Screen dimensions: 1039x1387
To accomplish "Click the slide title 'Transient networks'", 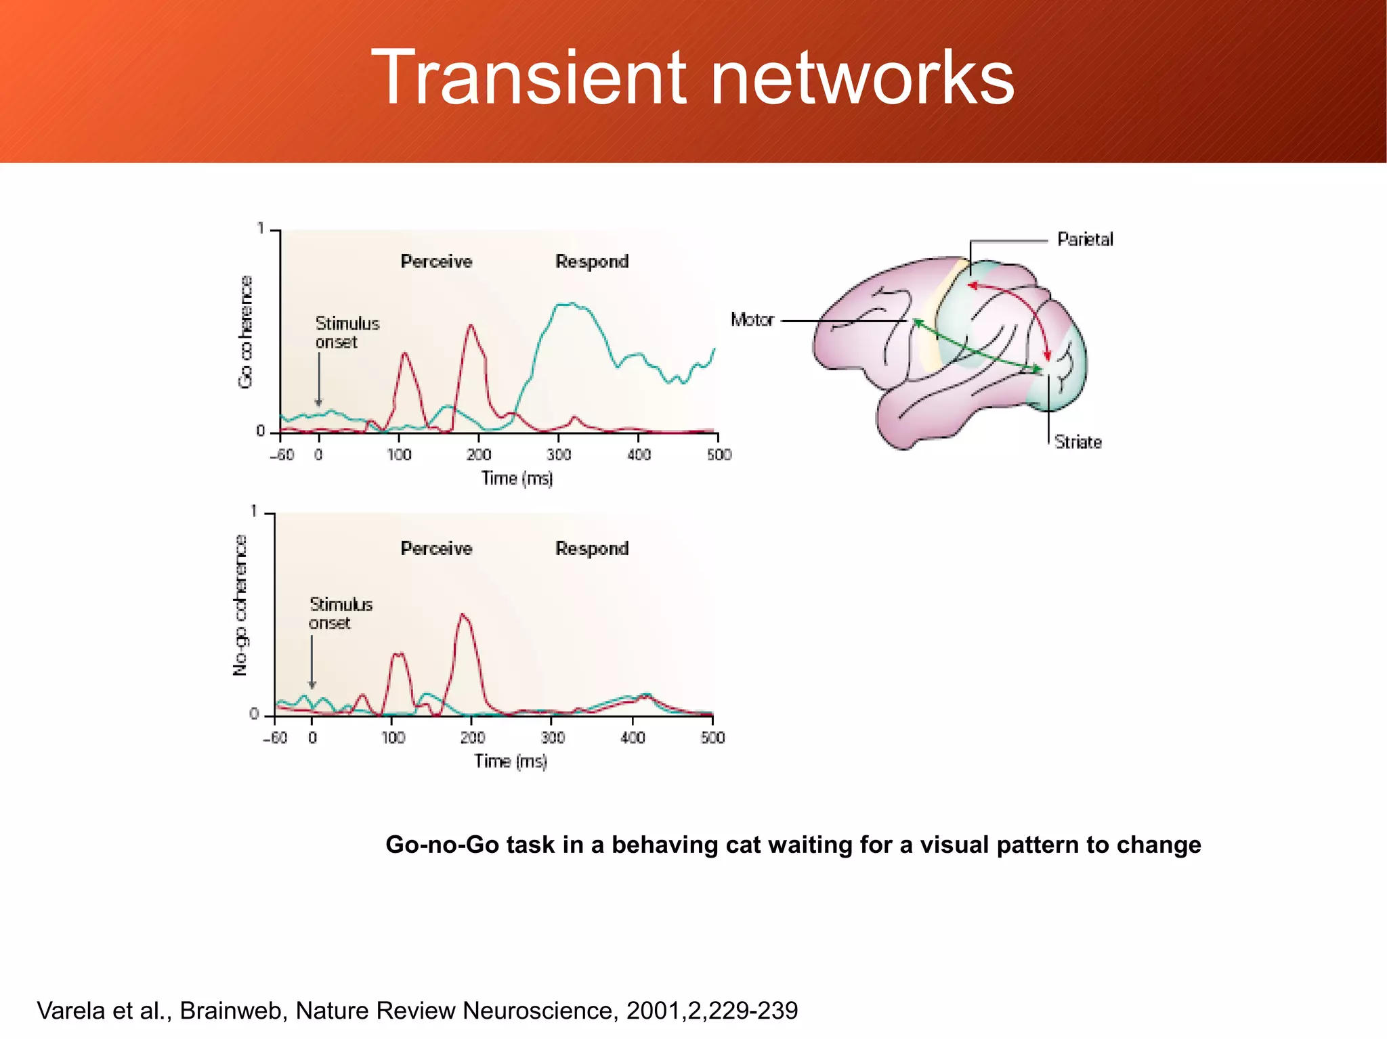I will (692, 78).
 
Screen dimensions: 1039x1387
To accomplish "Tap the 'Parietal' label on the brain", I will (1085, 239).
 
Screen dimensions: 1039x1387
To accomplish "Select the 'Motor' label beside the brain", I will (752, 319).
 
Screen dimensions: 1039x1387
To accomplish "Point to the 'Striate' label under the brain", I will (1077, 442).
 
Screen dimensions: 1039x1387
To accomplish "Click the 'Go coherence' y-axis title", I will (245, 332).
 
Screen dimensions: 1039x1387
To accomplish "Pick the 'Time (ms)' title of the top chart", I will (517, 479).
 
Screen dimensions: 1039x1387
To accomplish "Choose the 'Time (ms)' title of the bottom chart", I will (510, 761).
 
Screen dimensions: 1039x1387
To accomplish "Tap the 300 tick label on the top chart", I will (559, 454).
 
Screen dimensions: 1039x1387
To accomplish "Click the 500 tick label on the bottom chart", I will (712, 737).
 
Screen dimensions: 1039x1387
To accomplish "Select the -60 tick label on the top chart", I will (282, 454).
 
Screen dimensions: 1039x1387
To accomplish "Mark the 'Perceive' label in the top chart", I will (436, 261).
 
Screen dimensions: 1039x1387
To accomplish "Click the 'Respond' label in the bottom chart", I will (592, 548).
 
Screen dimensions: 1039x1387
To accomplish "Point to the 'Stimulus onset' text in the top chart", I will (347, 332).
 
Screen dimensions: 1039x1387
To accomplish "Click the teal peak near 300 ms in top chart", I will (571, 305).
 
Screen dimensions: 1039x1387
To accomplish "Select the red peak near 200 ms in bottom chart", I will (463, 616).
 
